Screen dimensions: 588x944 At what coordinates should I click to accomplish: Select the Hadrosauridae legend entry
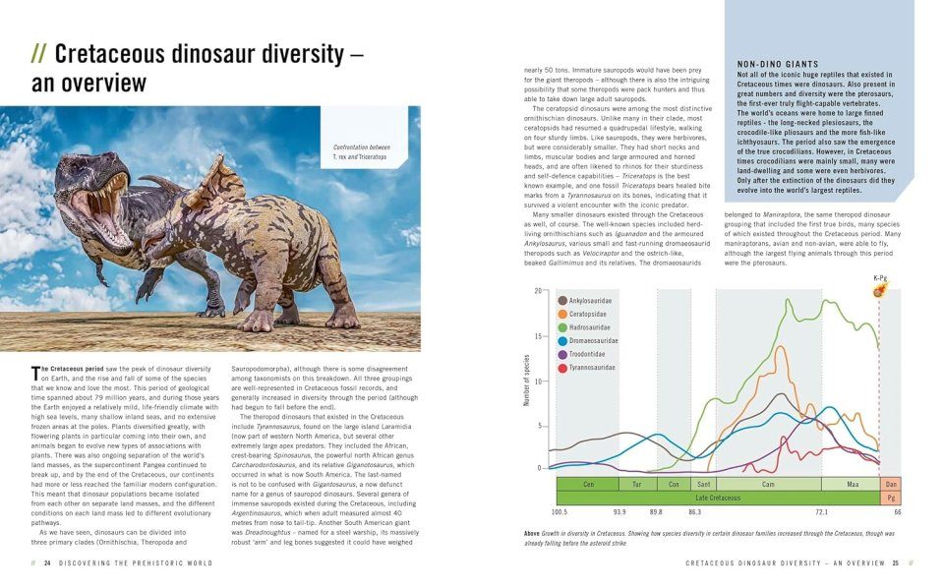pos(589,326)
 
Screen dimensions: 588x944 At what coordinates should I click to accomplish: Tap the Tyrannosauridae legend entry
pos(592,368)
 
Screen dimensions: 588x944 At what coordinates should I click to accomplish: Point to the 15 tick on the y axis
pos(538,336)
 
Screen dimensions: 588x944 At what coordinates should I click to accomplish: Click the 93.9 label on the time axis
pos(619,512)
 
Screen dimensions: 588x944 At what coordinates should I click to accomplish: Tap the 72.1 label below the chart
pos(822,512)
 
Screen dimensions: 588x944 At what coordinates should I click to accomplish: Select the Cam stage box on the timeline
pos(769,484)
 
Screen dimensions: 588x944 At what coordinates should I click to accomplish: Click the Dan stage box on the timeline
pos(891,484)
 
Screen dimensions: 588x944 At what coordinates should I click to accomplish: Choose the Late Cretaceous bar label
pos(718,498)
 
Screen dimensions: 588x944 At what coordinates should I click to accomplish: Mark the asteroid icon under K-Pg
pos(879,292)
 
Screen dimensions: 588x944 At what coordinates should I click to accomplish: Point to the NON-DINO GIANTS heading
pos(777,64)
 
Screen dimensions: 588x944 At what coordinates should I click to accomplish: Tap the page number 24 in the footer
pos(47,563)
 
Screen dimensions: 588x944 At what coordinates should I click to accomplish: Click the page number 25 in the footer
pos(896,563)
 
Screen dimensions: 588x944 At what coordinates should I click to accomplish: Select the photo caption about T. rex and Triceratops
pos(361,152)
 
